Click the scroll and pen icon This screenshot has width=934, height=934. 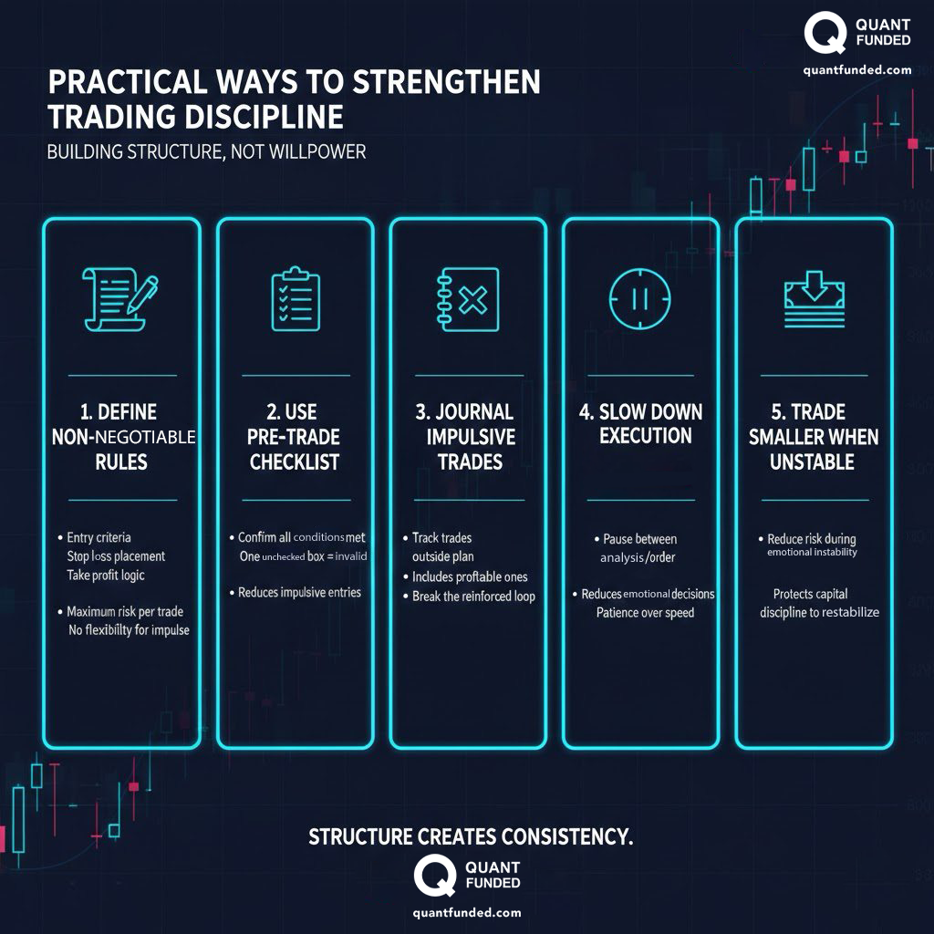click(119, 298)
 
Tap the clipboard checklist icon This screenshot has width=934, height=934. click(296, 298)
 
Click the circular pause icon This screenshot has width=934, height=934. click(640, 298)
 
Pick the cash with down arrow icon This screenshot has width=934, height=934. click(814, 298)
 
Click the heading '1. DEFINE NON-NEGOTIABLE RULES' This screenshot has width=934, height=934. click(122, 437)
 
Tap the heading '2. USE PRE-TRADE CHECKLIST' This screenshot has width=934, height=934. click(295, 437)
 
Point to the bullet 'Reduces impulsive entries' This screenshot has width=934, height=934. click(299, 593)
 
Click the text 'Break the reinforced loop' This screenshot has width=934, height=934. click(473, 597)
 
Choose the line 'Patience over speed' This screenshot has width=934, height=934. click(645, 613)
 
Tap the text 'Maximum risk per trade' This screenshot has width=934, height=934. click(127, 612)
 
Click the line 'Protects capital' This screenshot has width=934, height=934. click(810, 594)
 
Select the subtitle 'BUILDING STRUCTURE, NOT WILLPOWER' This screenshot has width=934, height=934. click(206, 151)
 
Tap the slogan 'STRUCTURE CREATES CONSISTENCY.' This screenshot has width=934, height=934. click(471, 836)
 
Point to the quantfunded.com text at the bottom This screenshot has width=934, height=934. click(467, 912)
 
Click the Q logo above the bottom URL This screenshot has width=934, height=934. click(434, 876)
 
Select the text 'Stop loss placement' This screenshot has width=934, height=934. click(116, 556)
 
